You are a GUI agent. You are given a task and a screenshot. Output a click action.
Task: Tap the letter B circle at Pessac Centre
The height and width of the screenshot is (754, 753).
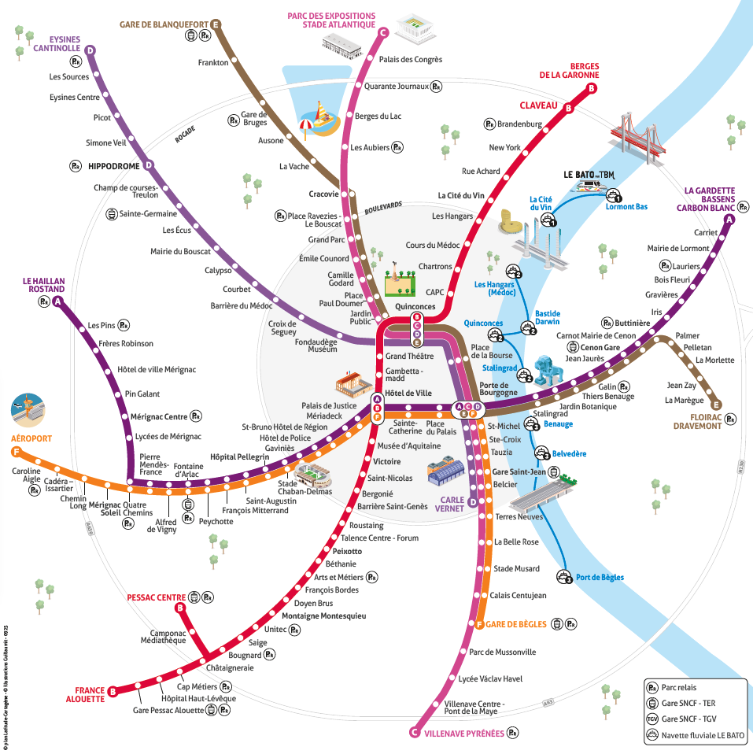180,608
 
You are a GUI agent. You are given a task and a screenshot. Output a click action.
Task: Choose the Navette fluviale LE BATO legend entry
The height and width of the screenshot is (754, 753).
703,736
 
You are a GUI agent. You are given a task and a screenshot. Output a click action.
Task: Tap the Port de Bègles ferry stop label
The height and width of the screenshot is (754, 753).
600,578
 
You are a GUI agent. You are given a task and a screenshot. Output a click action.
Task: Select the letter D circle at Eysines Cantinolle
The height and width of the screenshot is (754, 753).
90,50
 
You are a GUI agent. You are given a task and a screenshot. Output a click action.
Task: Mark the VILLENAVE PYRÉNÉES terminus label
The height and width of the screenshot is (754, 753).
464,732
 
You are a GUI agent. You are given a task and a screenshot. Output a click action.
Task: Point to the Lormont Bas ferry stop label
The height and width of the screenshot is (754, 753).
626,206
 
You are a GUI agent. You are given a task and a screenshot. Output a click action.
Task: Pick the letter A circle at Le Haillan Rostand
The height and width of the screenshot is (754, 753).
57,302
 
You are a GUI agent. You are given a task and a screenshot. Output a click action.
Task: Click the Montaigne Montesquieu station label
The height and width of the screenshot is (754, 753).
324,615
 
